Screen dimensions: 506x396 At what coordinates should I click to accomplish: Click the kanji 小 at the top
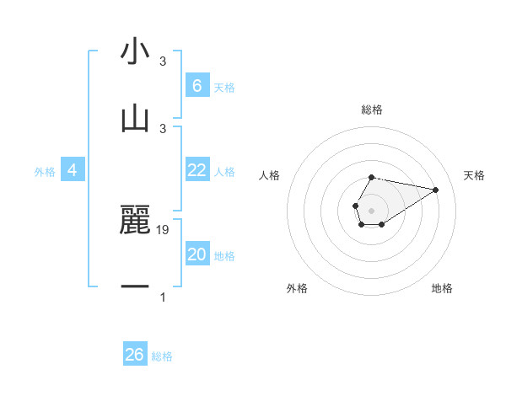pos(135,52)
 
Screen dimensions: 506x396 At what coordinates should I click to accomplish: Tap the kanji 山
pos(135,117)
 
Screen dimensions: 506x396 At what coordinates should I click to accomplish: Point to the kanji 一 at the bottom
pos(135,286)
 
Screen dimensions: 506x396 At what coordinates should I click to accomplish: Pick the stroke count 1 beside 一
pos(163,297)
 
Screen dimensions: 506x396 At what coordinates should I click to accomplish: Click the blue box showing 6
pos(196,86)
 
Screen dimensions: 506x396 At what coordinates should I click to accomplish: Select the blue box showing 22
pos(196,170)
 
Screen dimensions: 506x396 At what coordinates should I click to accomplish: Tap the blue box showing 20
pos(196,254)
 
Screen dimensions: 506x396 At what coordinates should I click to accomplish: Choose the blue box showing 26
pos(135,355)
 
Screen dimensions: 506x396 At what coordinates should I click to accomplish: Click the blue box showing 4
pos(73,170)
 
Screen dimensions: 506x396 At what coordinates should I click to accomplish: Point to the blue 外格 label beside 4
pos(45,171)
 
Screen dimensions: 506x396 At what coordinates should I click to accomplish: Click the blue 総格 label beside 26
pos(162,356)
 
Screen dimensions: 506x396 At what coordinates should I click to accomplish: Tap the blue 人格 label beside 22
pos(224,171)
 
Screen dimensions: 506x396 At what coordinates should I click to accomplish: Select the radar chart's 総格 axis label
pos(372,110)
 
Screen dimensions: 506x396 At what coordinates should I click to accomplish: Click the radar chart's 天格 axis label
pos(474,175)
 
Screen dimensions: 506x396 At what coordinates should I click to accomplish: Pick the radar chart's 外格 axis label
pos(297,288)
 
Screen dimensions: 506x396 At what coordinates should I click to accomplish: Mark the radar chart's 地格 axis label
pos(442,288)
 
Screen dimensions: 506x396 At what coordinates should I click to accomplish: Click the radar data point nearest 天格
pos(436,190)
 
